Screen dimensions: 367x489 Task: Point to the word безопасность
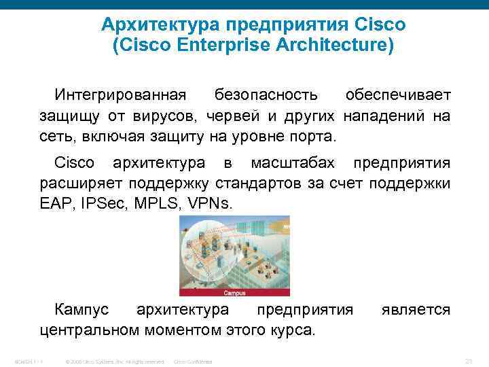265,92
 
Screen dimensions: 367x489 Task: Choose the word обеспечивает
397,92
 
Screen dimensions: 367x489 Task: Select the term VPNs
206,204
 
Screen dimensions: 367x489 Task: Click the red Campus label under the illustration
234,294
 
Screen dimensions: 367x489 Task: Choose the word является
419,310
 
